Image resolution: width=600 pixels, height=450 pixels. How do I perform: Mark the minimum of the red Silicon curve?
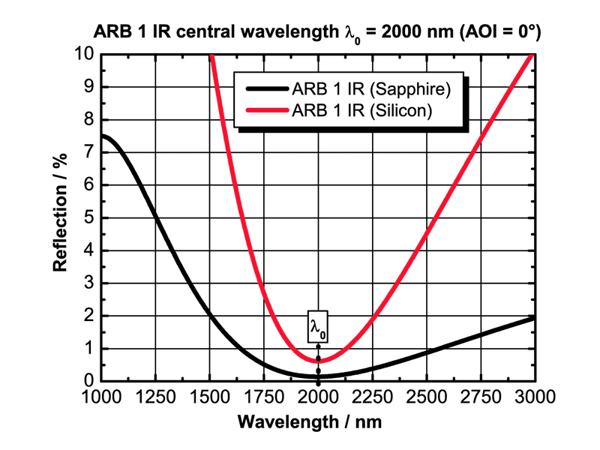tap(318, 361)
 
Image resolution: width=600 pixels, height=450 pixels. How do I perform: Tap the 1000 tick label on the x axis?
tap(100, 395)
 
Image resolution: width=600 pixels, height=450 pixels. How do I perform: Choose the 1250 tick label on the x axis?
tap(154, 395)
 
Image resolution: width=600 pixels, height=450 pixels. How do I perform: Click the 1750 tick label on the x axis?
tap(263, 395)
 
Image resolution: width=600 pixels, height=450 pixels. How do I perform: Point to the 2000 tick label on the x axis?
tap(318, 395)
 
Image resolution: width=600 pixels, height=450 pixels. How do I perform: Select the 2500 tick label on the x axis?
tap(426, 395)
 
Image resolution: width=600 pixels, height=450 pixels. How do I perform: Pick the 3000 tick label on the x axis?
tap(534, 395)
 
